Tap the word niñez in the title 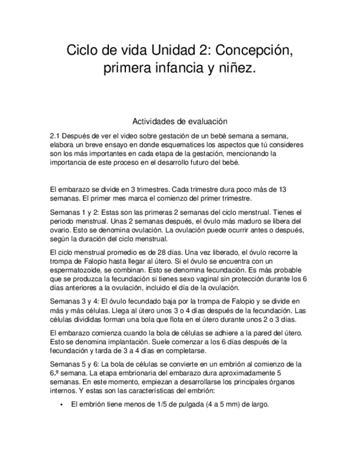click(x=239, y=70)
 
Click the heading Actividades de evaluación click(x=180, y=121)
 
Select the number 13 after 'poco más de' click(x=281, y=189)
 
